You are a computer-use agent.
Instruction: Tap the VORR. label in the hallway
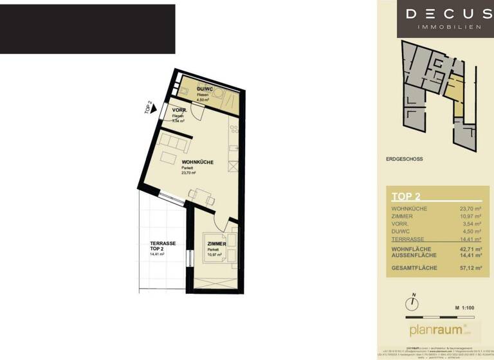(x=179, y=111)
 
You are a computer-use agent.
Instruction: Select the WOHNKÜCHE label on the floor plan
(x=197, y=162)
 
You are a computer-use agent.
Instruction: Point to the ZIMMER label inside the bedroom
(x=216, y=245)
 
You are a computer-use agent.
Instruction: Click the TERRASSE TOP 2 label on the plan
(x=163, y=246)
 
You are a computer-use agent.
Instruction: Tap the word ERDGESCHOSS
(x=404, y=159)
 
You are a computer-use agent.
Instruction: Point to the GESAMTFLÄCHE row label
(x=414, y=267)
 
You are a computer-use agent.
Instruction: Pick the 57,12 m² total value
(x=470, y=267)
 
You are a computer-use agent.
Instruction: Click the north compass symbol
(x=411, y=303)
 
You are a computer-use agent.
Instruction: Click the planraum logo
(x=436, y=330)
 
